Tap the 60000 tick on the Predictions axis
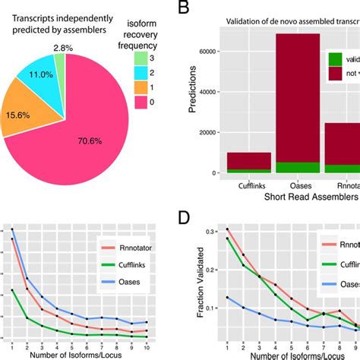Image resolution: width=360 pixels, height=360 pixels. click(x=210, y=51)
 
